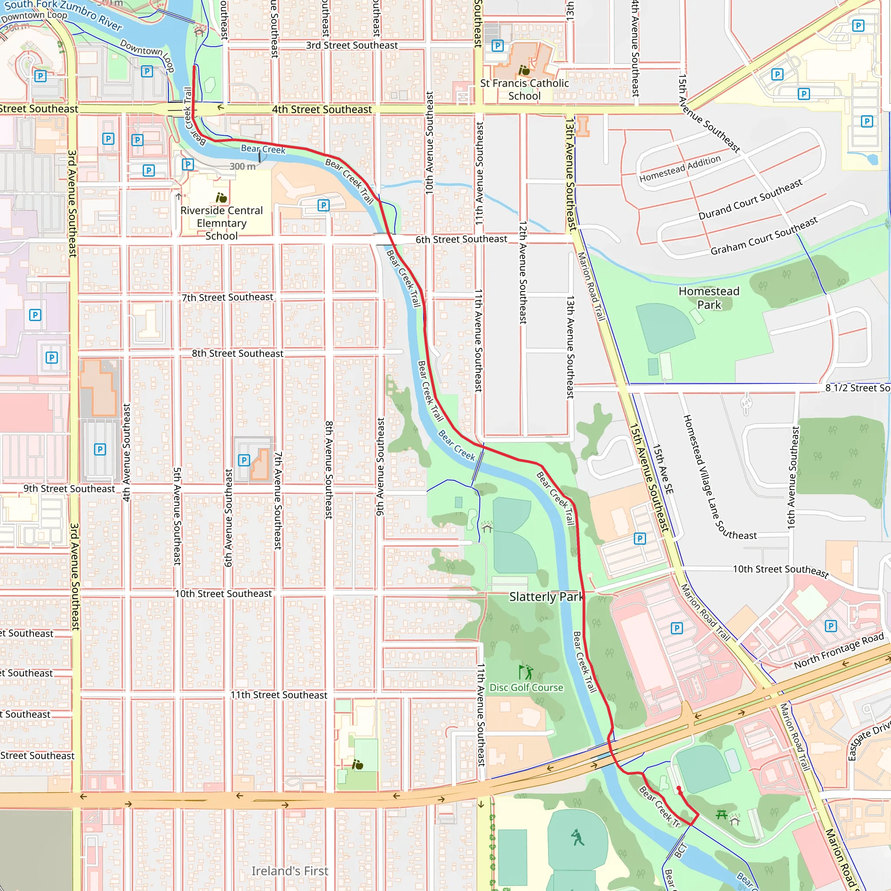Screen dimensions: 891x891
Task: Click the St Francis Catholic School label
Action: coord(524,90)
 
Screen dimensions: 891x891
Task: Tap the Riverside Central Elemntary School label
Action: coord(221,223)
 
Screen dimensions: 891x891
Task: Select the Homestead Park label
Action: coord(709,298)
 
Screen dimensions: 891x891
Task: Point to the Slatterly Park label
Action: coord(546,597)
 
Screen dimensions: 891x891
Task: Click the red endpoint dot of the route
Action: coord(679,788)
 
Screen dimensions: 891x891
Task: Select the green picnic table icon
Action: coord(721,814)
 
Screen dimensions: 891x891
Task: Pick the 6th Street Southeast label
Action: coord(461,239)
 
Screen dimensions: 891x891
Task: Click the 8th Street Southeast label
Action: coord(238,353)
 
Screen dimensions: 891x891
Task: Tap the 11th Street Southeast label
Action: coord(278,695)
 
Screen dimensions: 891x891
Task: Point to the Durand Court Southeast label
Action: coord(750,199)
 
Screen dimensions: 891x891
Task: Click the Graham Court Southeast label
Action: coord(764,236)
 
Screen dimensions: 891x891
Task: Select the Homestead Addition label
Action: coord(680,169)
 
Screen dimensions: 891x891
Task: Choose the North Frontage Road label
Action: coord(838,651)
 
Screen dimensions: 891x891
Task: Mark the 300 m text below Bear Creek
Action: coord(243,167)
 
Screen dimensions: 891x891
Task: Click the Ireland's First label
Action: coord(290,871)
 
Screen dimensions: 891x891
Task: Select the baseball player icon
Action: coord(577,837)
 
